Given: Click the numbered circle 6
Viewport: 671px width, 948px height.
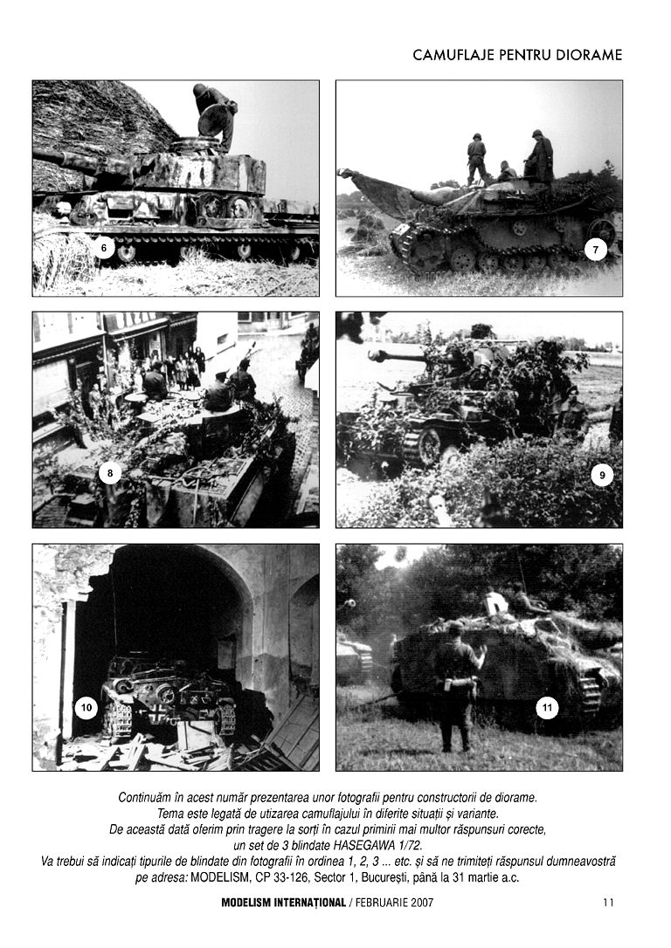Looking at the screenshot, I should pyautogui.click(x=104, y=248).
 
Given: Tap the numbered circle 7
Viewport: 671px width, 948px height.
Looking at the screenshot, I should pyautogui.click(x=595, y=250).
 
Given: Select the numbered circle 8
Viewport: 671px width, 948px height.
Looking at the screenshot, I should pyautogui.click(x=110, y=473).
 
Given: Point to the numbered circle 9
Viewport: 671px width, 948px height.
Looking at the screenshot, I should pyautogui.click(x=601, y=475).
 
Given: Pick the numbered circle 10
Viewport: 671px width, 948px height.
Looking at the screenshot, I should pyautogui.click(x=86, y=708).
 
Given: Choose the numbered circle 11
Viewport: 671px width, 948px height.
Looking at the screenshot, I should pyautogui.click(x=547, y=708).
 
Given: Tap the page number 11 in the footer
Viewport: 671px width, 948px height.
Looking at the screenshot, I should pyautogui.click(x=608, y=903).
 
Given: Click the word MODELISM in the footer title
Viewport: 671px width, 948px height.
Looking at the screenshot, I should pyautogui.click(x=251, y=903).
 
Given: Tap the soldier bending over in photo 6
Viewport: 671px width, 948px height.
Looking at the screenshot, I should pyautogui.click(x=214, y=113).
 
